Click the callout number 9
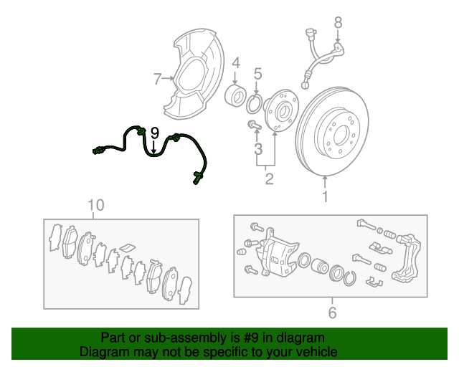pos(155,133)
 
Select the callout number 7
pos(157,79)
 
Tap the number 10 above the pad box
pos(95,205)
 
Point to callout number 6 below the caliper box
pos(332,313)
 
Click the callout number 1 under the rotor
pos(325,196)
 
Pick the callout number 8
pos(338,22)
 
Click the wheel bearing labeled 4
pos(235,95)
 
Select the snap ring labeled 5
pos(254,104)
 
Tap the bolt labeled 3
pos(254,125)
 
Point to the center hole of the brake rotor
pos(340,135)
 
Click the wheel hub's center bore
pos(283,112)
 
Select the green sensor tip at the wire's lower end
pos(196,178)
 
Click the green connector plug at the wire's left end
pos(98,151)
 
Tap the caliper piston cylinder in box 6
pos(320,266)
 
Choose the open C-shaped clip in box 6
pos(350,278)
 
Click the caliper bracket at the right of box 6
pos(407,257)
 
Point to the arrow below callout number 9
pos(153,147)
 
